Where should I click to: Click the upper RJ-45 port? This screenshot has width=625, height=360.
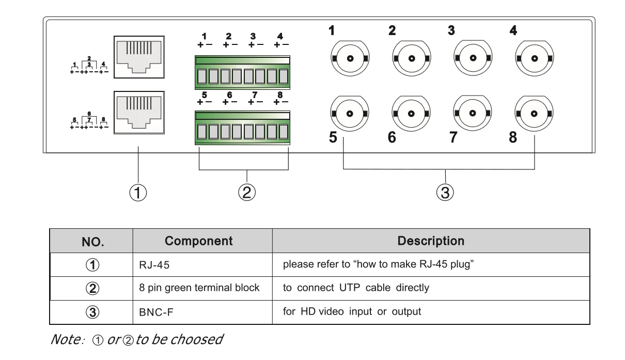pyautogui.click(x=138, y=57)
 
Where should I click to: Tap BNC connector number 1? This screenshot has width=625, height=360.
pyautogui.click(x=350, y=58)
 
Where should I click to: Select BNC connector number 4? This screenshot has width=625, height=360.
pyautogui.click(x=534, y=58)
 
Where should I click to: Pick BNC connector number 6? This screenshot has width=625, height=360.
pyautogui.click(x=411, y=113)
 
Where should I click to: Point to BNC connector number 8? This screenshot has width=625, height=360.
pyautogui.click(x=534, y=113)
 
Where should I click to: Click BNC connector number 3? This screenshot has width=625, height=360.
pyautogui.click(x=473, y=58)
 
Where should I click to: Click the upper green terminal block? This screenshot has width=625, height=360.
pyautogui.click(x=242, y=72)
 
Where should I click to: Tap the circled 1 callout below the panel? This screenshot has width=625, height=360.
pyautogui.click(x=138, y=193)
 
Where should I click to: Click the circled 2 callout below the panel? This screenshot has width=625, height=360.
pyautogui.click(x=246, y=193)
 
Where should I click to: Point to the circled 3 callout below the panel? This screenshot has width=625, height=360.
pyautogui.click(x=445, y=193)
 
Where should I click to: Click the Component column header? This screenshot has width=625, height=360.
pyautogui.click(x=198, y=241)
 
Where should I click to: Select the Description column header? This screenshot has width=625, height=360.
pyautogui.click(x=430, y=241)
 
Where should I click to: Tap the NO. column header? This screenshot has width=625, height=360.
pyautogui.click(x=92, y=242)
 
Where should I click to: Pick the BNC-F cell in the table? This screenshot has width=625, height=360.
pyautogui.click(x=154, y=312)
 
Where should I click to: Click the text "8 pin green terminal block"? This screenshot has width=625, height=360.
pyautogui.click(x=199, y=288)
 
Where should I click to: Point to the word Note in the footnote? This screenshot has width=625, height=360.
pyautogui.click(x=64, y=340)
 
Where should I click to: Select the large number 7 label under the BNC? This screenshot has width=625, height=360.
pyautogui.click(x=453, y=138)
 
